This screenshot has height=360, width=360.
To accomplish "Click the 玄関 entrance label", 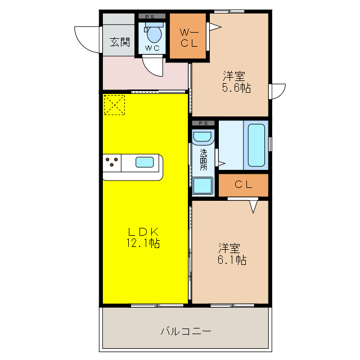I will pyautogui.click(x=119, y=42).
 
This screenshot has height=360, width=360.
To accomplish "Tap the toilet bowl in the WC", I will pyautogui.click(x=153, y=35).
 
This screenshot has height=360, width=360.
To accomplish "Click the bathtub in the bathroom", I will pyautogui.click(x=256, y=145).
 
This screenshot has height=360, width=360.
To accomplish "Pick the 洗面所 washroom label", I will pyautogui.click(x=204, y=159).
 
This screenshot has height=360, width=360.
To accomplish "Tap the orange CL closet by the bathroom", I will pyautogui.click(x=243, y=184).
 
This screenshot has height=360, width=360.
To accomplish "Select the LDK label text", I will pyautogui.click(x=144, y=232).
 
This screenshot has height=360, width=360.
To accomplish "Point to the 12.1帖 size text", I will pyautogui.click(x=144, y=244).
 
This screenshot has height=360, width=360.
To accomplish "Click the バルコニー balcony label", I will pyautogui.click(x=186, y=331).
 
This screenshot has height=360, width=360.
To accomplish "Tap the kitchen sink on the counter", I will pyautogui.click(x=145, y=163).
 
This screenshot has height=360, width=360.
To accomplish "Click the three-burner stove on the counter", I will pyautogui.click(x=112, y=163).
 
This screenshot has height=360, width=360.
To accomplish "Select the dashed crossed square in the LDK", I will pyautogui.click(x=114, y=105).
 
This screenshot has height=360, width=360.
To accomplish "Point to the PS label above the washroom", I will pyautogui.click(x=203, y=123).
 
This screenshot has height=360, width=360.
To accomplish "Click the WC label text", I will pyautogui.click(x=152, y=48).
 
